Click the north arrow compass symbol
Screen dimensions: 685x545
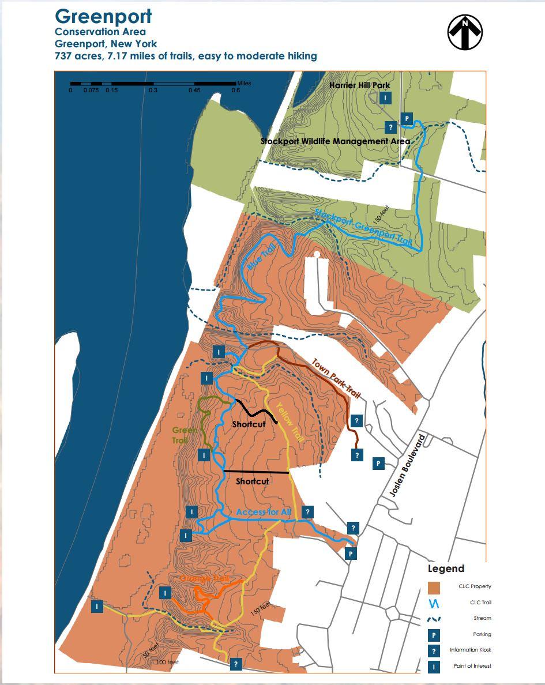coord(465,32)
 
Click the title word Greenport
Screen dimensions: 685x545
coord(104,16)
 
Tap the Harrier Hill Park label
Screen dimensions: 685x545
coord(359,85)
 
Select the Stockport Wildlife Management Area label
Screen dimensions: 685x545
coord(335,141)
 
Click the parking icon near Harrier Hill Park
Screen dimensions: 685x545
coord(407,119)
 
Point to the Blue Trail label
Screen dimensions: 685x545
coord(262,258)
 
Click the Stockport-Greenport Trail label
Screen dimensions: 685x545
coord(363,227)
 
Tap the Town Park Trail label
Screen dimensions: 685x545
coord(336,378)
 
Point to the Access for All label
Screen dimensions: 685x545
coord(264,512)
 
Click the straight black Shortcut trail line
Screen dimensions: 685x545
coord(257,472)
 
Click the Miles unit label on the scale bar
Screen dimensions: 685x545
coord(243,83)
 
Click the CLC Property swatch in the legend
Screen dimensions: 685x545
coord(434,588)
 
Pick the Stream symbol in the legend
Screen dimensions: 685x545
coord(434,619)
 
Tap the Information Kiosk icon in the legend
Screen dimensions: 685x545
coord(434,650)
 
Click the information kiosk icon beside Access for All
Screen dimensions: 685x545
coord(308,511)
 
